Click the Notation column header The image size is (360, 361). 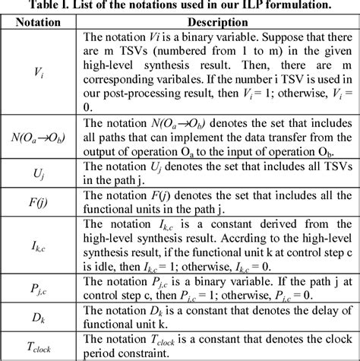click(39, 21)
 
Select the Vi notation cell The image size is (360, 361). click(39, 72)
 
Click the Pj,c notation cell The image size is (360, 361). click(39, 302)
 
